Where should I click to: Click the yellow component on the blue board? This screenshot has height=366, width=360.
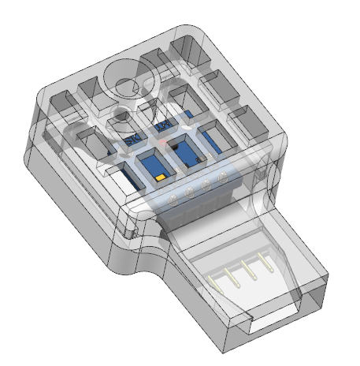coord(160,179)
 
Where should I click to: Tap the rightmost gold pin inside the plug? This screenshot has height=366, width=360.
coord(261,264)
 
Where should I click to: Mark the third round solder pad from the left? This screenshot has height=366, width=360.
coord(207,185)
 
